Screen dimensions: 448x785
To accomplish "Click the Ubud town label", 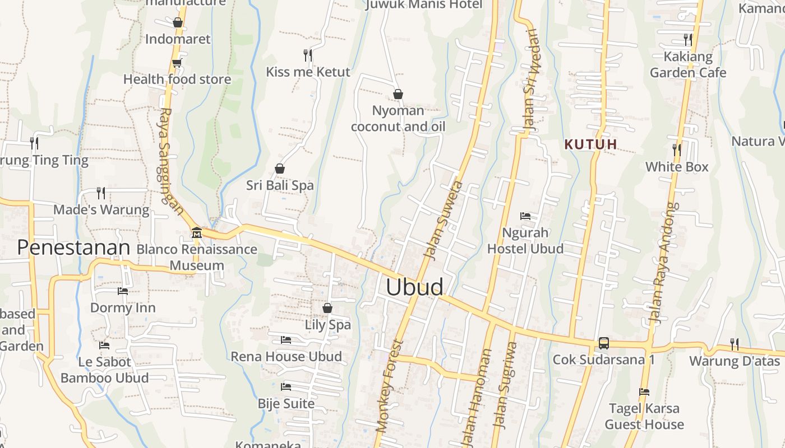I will click(x=414, y=287).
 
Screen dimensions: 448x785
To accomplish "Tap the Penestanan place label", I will click(x=73, y=247).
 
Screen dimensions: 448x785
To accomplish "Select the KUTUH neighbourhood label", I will click(x=590, y=144).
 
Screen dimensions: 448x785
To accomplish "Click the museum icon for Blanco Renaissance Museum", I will click(x=196, y=232).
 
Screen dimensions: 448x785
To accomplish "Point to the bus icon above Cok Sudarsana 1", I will click(x=603, y=343).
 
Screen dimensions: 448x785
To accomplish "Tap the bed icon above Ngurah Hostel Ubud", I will click(x=525, y=216).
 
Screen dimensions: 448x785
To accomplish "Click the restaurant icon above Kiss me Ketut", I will click(x=307, y=55).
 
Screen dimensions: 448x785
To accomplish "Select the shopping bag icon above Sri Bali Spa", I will click(x=279, y=168).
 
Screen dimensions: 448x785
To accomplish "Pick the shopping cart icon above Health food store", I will click(x=177, y=63).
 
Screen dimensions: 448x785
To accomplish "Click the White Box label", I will click(x=677, y=167).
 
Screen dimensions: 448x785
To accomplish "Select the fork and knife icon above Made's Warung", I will click(x=101, y=193).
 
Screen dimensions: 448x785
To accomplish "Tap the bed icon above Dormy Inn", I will click(x=122, y=291).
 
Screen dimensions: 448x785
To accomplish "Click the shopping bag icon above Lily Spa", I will click(x=327, y=308).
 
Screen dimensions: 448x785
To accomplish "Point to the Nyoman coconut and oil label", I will click(x=398, y=118).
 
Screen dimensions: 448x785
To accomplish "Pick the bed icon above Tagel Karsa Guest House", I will click(x=644, y=392).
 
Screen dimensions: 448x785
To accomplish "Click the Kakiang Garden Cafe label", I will click(x=688, y=64).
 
